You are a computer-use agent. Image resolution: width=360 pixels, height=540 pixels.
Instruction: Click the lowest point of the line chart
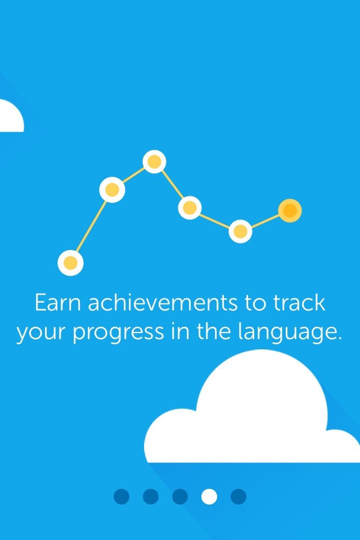71,263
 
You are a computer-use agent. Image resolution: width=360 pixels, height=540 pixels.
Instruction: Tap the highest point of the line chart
154,161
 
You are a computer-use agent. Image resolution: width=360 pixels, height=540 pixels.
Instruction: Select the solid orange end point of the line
290,210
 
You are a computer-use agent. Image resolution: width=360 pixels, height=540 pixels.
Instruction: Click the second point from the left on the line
112,190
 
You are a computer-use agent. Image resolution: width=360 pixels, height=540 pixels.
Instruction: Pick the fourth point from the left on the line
190,208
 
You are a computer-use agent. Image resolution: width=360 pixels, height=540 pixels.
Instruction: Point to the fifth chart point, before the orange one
240,231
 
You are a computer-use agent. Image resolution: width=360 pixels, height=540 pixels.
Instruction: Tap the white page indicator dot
209,497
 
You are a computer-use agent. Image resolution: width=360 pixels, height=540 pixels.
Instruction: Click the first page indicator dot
121,497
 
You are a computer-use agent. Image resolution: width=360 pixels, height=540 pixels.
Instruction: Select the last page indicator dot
238,497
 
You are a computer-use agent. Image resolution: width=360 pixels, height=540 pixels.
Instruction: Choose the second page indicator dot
151,497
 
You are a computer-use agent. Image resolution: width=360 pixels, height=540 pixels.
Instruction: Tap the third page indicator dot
180,497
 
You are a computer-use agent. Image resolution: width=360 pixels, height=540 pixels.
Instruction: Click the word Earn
58,303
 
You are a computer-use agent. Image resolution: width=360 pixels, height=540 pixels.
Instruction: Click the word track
299,303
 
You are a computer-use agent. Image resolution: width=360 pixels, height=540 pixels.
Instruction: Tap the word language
286,332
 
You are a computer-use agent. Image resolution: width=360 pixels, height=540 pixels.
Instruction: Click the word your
41,334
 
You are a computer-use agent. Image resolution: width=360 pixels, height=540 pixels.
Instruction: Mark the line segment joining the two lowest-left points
91,226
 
